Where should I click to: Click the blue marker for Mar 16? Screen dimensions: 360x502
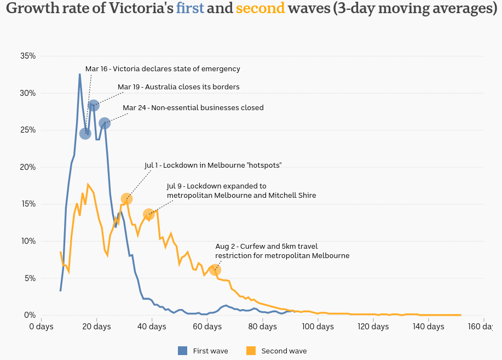(x=85, y=134)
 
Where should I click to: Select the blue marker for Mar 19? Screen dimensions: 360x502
(x=94, y=105)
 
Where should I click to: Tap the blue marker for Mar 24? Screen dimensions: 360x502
(x=105, y=123)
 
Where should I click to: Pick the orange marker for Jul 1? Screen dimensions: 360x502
(x=126, y=199)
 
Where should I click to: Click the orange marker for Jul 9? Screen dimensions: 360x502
(x=148, y=214)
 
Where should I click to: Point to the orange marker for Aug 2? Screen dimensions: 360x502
(x=215, y=270)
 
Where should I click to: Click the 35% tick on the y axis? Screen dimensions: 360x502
(x=27, y=56)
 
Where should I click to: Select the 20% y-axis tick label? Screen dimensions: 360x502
(x=27, y=167)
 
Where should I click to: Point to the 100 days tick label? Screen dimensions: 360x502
(x=318, y=327)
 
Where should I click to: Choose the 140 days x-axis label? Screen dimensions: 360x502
(x=429, y=327)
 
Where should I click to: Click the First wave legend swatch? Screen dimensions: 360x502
(x=183, y=351)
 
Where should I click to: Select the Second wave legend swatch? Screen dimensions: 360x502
(x=251, y=351)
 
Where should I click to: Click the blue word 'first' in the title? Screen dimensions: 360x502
(x=190, y=9)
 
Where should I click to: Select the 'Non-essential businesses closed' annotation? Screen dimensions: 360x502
(x=193, y=108)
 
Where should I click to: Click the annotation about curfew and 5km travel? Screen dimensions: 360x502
(x=282, y=251)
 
